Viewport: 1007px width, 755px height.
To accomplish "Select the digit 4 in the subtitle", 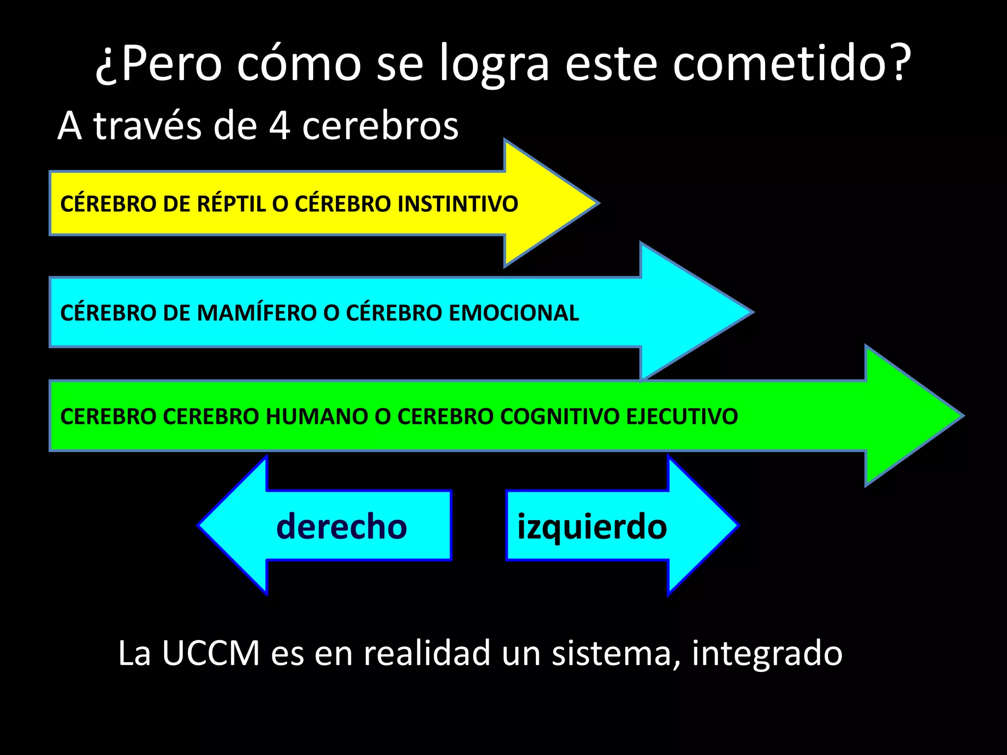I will tap(279, 126).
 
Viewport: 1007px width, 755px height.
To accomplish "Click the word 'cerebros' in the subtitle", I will tap(380, 126).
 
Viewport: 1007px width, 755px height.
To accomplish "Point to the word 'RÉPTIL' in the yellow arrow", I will tap(231, 204).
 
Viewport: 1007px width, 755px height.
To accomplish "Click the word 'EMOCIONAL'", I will tap(514, 313).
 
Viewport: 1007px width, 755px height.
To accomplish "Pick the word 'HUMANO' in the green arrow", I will tap(317, 417).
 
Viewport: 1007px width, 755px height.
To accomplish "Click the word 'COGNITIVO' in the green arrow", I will tap(560, 417).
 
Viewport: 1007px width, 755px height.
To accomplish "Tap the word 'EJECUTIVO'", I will tap(682, 417).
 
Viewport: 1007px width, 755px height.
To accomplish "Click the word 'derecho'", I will tap(342, 526).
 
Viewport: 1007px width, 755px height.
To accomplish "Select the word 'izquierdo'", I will tap(592, 526).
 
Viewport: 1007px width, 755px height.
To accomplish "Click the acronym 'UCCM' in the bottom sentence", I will tap(211, 653).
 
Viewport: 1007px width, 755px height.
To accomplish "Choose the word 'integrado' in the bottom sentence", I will tap(767, 654).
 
